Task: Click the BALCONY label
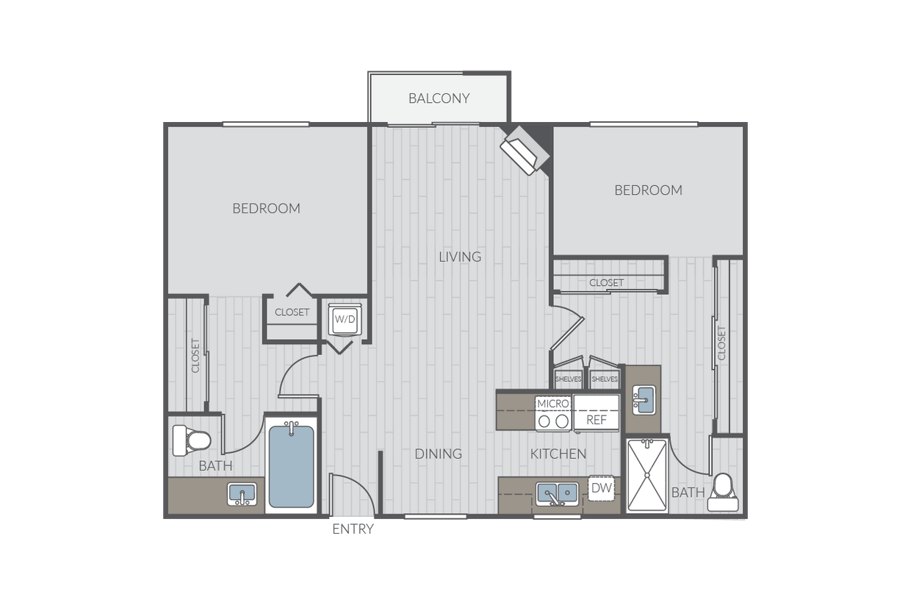pyautogui.click(x=439, y=99)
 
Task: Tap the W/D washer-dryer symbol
pyautogui.click(x=345, y=319)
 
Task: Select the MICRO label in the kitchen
pyautogui.click(x=552, y=404)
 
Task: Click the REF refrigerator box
pyautogui.click(x=597, y=412)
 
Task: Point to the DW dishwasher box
pyautogui.click(x=601, y=487)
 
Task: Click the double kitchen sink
pyautogui.click(x=557, y=493)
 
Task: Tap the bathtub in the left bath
pyautogui.click(x=291, y=465)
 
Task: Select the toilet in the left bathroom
pyautogui.click(x=192, y=440)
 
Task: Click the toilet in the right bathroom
pyautogui.click(x=723, y=493)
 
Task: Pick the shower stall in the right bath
pyautogui.click(x=647, y=476)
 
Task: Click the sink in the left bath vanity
pyautogui.click(x=242, y=494)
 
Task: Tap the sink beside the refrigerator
pyautogui.click(x=644, y=400)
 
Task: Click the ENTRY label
pyautogui.click(x=353, y=529)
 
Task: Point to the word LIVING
pyautogui.click(x=460, y=257)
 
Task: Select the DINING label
pyautogui.click(x=439, y=454)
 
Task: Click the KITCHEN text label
pyautogui.click(x=558, y=454)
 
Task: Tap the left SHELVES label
pyautogui.click(x=568, y=379)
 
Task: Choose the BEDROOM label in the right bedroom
pyautogui.click(x=648, y=190)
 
